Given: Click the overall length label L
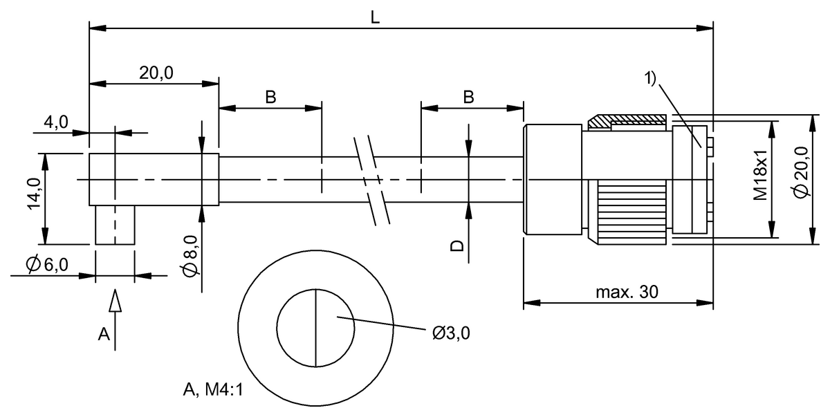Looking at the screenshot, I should [x=375, y=17].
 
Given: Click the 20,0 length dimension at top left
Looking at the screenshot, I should [x=156, y=73].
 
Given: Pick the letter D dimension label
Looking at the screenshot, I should [x=457, y=245].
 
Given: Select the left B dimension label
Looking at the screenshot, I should [x=270, y=98].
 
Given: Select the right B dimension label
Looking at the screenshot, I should [x=468, y=98].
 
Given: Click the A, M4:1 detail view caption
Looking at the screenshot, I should [x=213, y=391].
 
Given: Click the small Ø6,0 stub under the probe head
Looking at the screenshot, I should [x=114, y=225].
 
